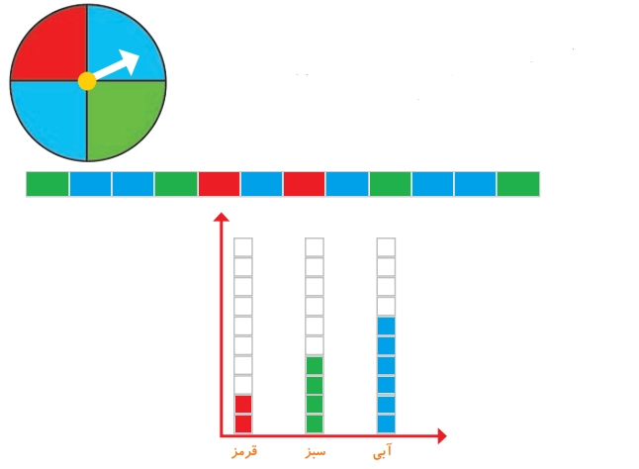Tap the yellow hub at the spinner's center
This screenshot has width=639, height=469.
click(87, 81)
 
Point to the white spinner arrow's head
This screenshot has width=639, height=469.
click(131, 61)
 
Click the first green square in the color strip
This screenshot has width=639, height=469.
click(47, 184)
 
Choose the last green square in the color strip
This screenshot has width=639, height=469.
click(518, 184)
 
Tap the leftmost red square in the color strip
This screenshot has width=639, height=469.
click(219, 184)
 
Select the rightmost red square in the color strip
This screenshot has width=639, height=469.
click(304, 184)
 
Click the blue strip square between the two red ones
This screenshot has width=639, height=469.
click(261, 184)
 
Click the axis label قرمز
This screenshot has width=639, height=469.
click(244, 451)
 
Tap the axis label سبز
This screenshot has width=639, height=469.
click(315, 452)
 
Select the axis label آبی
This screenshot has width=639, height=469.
click(382, 451)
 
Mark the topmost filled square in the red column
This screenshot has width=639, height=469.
click(243, 405)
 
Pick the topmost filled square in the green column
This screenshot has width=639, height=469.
click(315, 365)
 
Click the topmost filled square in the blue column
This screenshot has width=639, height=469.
click(386, 326)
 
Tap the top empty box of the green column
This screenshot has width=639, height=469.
click(315, 247)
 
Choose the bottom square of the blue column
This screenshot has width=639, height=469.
click(386, 423)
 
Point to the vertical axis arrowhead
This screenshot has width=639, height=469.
click(222, 217)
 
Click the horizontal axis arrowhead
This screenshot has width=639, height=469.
click(442, 436)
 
